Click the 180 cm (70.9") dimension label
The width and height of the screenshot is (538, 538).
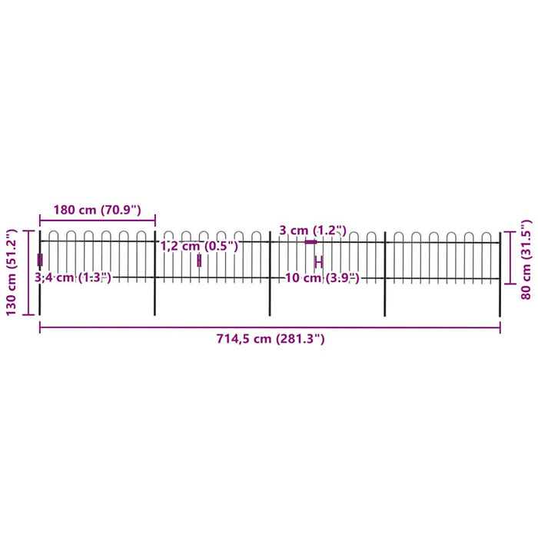coord(97,210)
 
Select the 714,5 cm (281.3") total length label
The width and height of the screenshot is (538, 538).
coord(269,339)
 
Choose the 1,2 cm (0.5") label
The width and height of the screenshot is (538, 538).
coord(199,247)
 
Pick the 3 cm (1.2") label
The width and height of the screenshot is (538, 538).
coord(313,231)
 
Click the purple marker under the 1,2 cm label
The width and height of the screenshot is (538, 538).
coord(198,261)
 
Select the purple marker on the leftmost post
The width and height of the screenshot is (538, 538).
coord(40,260)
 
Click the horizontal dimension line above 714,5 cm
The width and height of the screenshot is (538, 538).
coord(269,327)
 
